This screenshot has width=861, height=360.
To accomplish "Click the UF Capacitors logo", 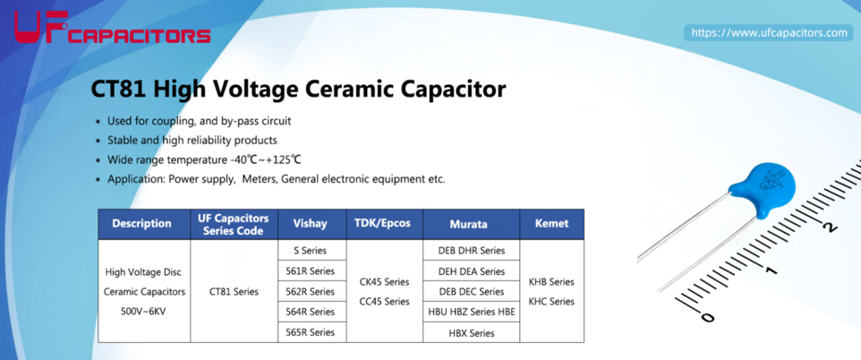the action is [112, 28].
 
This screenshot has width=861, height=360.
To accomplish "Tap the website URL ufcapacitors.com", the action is [769, 33].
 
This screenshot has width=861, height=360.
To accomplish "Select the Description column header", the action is [141, 224].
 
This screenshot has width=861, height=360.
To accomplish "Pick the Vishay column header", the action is [311, 224].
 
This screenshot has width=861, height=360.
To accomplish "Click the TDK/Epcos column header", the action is [384, 224].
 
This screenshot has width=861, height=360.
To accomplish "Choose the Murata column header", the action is [471, 224].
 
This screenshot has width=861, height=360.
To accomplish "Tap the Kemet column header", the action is [551, 224].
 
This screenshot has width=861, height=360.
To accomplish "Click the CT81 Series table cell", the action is [234, 292].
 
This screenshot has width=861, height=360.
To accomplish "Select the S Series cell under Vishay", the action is [311, 251].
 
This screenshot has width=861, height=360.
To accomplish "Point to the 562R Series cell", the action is [311, 291].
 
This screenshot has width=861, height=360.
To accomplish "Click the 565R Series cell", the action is [311, 332].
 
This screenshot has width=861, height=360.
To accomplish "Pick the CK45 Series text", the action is [384, 282].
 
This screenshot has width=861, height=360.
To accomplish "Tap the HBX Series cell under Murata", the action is [471, 333].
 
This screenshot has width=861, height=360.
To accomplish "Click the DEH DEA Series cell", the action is [471, 271].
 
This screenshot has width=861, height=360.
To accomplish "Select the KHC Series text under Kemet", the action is [551, 302].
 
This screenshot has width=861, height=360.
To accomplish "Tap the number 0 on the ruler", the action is [709, 317].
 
